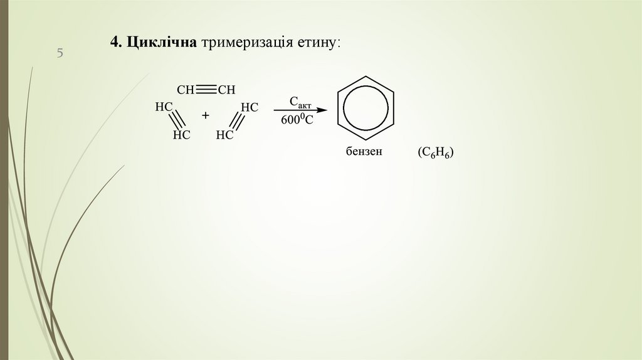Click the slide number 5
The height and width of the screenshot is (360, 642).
(x=60, y=53)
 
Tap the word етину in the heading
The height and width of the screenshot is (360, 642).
(x=318, y=42)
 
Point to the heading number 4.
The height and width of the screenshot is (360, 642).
(x=115, y=42)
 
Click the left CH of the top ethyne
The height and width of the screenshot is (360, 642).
(x=186, y=90)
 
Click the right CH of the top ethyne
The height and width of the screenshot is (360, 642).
(x=226, y=90)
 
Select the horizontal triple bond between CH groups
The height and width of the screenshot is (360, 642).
(x=206, y=90)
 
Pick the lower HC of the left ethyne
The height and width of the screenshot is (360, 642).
(x=181, y=134)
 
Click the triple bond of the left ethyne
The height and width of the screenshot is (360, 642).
(x=176, y=119)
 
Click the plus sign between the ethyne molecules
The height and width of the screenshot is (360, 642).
(x=205, y=116)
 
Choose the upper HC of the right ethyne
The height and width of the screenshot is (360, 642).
(x=250, y=107)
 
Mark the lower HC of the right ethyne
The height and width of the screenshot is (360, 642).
(x=224, y=134)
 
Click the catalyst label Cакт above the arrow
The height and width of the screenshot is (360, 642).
(x=300, y=102)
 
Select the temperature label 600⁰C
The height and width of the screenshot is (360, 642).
(x=297, y=120)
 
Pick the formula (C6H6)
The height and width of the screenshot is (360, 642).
(x=436, y=154)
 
